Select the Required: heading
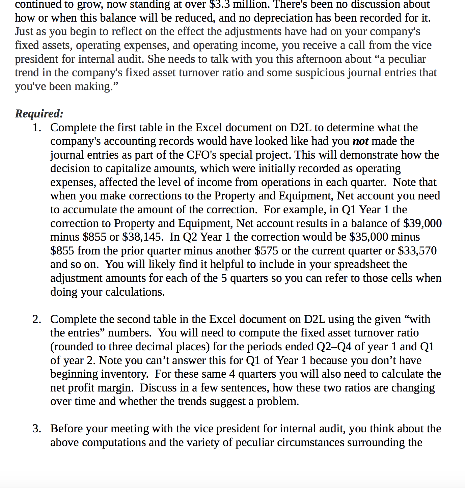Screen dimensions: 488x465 coord(39,114)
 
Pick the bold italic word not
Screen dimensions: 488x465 coord(360,141)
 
